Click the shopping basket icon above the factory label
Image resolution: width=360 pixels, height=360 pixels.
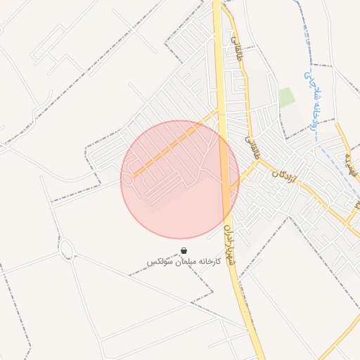[184, 251]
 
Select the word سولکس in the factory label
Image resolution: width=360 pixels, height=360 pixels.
[158, 262]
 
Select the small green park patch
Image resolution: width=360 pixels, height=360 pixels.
[286, 98]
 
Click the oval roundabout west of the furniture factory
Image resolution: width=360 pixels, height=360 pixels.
[67, 248]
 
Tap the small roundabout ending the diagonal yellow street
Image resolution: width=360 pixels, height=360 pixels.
[128, 179]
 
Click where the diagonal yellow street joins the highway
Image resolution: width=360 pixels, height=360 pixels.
[217, 110]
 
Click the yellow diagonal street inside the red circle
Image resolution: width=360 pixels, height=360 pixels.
[169, 148]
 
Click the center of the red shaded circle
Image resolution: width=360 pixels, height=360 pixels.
[180, 179]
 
